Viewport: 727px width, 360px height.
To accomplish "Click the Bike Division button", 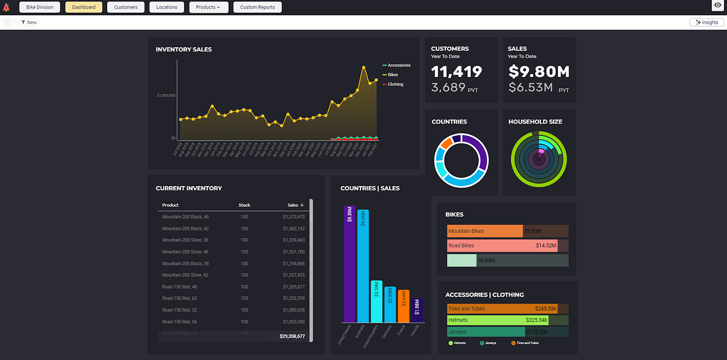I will [x=40, y=7].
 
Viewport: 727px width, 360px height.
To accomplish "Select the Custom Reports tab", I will [x=257, y=7].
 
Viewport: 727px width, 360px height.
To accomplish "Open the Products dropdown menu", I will [x=208, y=7].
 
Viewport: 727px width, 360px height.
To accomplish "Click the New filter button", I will [x=28, y=22].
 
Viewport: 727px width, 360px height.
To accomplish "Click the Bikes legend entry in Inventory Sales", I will [x=393, y=75].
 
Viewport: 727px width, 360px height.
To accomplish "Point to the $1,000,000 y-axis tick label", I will [x=165, y=95].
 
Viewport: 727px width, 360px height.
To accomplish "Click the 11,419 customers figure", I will [x=457, y=72].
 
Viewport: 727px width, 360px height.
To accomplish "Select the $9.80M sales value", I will [x=539, y=72].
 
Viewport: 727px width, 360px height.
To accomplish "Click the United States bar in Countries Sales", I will [x=349, y=264].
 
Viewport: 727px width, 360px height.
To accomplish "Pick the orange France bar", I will [x=403, y=306].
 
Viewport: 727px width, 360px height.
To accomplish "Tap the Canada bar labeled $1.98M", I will [x=417, y=310].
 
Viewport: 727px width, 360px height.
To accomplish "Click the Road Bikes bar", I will [x=502, y=245].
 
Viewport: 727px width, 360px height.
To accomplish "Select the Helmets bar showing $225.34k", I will [x=497, y=320].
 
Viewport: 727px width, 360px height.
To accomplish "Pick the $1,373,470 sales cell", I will [x=293, y=216].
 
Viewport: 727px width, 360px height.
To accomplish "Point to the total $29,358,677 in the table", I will [x=292, y=336].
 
